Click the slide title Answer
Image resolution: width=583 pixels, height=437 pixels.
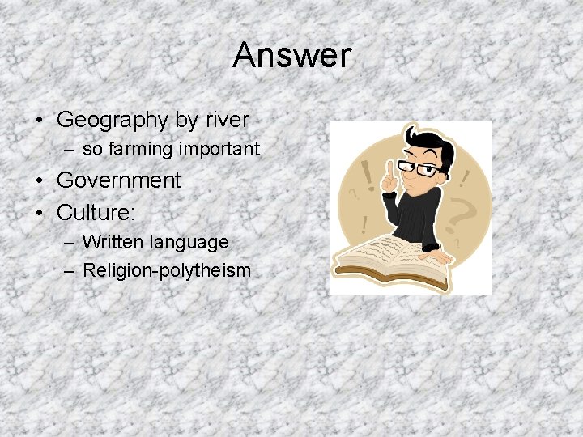pyautogui.click(x=291, y=56)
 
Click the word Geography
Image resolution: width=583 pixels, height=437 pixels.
pyautogui.click(x=111, y=121)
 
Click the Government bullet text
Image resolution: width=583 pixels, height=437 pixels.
pyautogui.click(x=119, y=180)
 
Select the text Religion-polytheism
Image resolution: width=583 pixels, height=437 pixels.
pyautogui.click(x=167, y=270)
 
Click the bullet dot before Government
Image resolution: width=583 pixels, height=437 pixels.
pyautogui.click(x=40, y=180)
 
